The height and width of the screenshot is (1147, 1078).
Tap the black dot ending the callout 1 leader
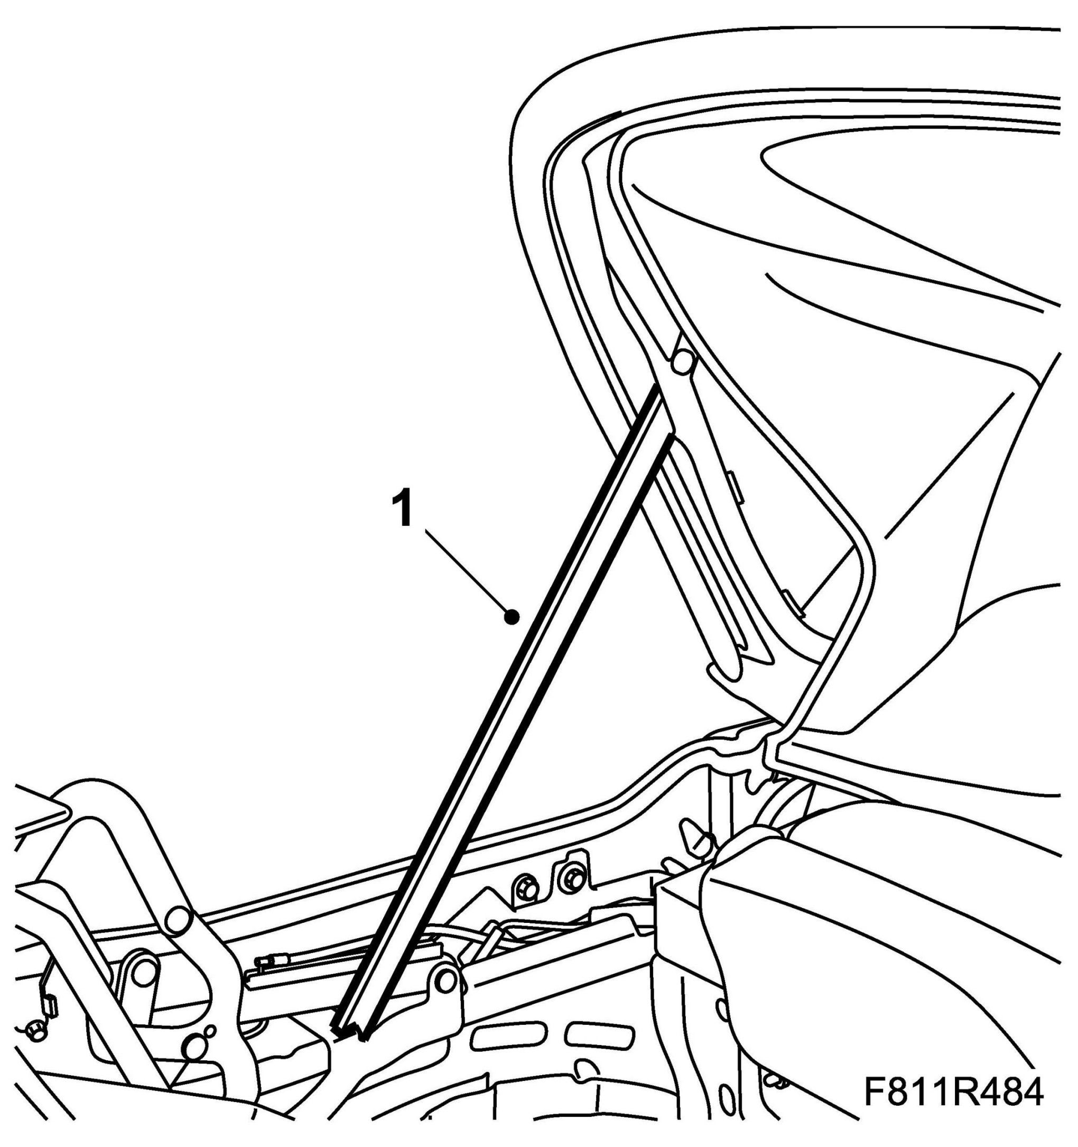pyautogui.click(x=511, y=618)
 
